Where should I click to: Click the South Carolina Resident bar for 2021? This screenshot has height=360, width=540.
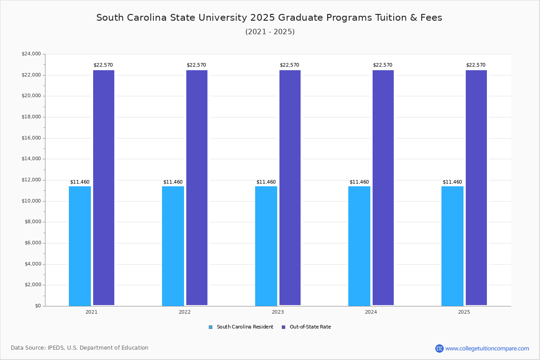[80, 246]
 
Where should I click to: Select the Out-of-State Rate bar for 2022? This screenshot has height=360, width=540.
[197, 188]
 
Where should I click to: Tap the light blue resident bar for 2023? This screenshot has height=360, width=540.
[266, 246]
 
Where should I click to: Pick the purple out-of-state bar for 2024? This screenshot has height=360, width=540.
[383, 188]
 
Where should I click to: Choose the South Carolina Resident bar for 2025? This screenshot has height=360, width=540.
[452, 246]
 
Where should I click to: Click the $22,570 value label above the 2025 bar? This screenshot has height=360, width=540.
[476, 65]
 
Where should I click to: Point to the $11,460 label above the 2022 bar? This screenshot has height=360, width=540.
[173, 182]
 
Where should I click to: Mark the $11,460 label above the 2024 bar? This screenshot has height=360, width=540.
[359, 182]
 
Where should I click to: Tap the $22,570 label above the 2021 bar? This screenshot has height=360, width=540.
[103, 65]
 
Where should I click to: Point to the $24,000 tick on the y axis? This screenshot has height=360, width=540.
[31, 54]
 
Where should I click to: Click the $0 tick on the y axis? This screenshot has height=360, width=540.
[37, 306]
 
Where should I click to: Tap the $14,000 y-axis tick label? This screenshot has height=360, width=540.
[31, 159]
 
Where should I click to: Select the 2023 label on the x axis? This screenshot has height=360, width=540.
[278, 312]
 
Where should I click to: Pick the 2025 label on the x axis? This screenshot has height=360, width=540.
[464, 312]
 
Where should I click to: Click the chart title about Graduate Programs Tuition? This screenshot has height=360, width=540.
[269, 18]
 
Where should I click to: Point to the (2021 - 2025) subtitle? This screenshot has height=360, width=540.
[270, 31]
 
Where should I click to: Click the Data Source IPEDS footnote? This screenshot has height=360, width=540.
[80, 348]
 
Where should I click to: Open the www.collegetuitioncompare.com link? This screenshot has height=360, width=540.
[487, 348]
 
